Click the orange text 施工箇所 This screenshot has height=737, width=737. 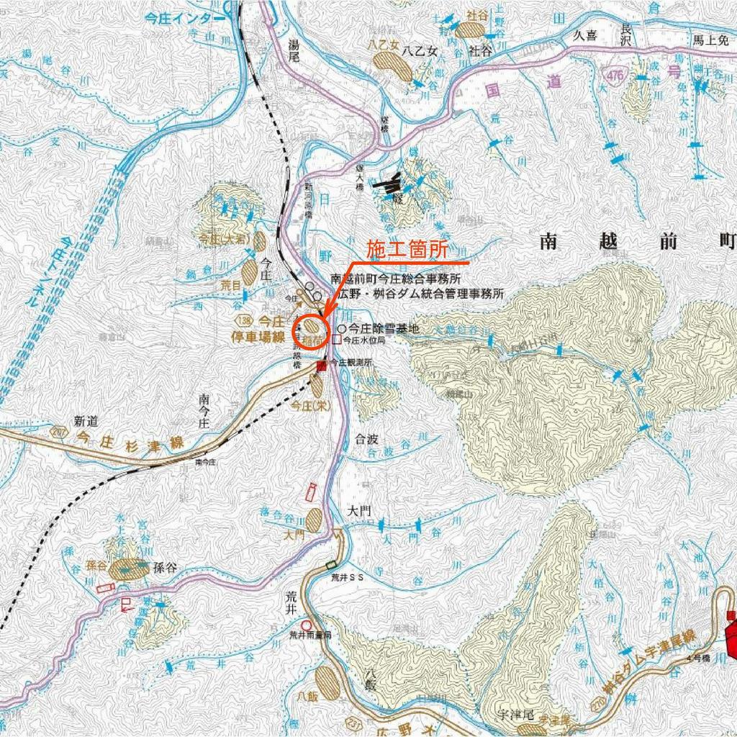pos(407,250)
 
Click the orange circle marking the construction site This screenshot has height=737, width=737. pos(312,332)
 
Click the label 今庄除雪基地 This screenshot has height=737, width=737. pos(382,329)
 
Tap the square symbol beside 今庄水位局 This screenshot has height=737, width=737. pos(337,340)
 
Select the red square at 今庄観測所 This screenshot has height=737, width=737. pos(322,366)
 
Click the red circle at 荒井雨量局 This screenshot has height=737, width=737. pos(307,625)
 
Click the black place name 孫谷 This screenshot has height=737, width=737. pos(164,566)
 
